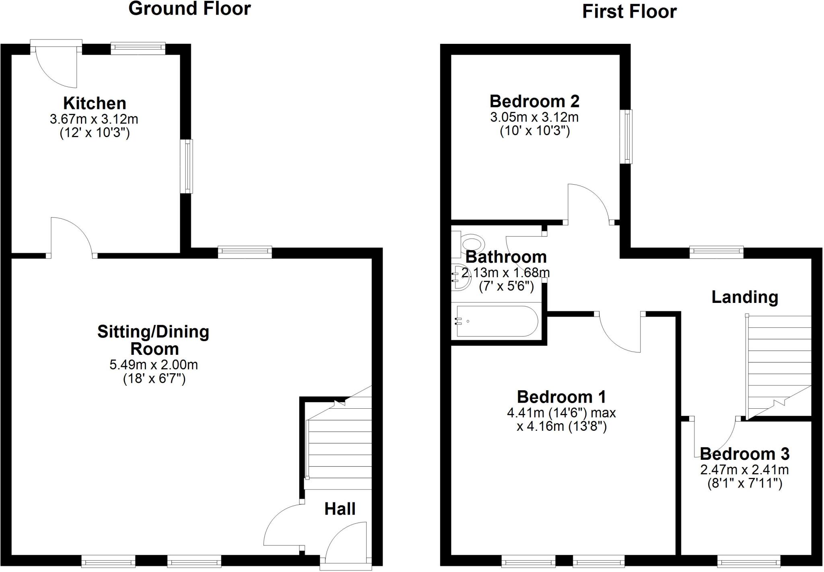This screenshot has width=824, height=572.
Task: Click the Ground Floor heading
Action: pyautogui.click(x=190, y=9)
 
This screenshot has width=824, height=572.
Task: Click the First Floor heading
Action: pyautogui.click(x=629, y=12)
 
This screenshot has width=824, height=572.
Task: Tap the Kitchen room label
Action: pyautogui.click(x=95, y=103)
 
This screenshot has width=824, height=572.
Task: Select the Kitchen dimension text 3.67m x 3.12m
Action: pyautogui.click(x=94, y=119)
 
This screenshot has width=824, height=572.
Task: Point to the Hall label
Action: pyautogui.click(x=340, y=509)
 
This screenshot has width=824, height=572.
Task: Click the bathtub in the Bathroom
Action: pyautogui.click(x=496, y=321)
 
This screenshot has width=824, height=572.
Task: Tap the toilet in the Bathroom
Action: pyautogui.click(x=471, y=244)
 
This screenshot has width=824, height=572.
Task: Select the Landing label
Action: pyautogui.click(x=745, y=297)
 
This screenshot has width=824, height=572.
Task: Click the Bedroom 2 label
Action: pyautogui.click(x=534, y=101)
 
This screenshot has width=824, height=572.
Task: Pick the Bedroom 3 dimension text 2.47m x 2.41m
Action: pyautogui.click(x=744, y=469)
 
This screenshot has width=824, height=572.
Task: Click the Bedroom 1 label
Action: pyautogui.click(x=561, y=397)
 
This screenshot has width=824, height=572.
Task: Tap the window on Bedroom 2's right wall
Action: pyautogui.click(x=626, y=137)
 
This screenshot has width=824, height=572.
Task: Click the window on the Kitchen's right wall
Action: pyautogui.click(x=186, y=166)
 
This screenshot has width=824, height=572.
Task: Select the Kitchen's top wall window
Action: pyautogui.click(x=138, y=48)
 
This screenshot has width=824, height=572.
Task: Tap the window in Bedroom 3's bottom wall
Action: pyautogui.click(x=749, y=561)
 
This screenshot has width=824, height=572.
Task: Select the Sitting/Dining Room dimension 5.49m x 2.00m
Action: pyautogui.click(x=154, y=365)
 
